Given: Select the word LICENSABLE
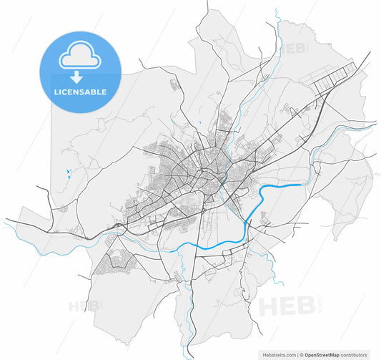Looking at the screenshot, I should [80, 92].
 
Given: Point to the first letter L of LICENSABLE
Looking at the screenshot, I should [56, 92].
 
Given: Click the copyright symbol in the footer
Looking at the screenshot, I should [302, 354].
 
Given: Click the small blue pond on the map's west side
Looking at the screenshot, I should [66, 172].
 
